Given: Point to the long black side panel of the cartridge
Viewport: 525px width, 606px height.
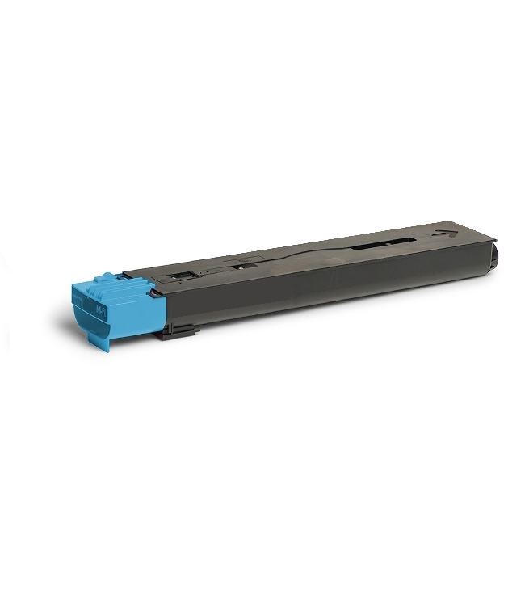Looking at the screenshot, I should pos(323,287).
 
